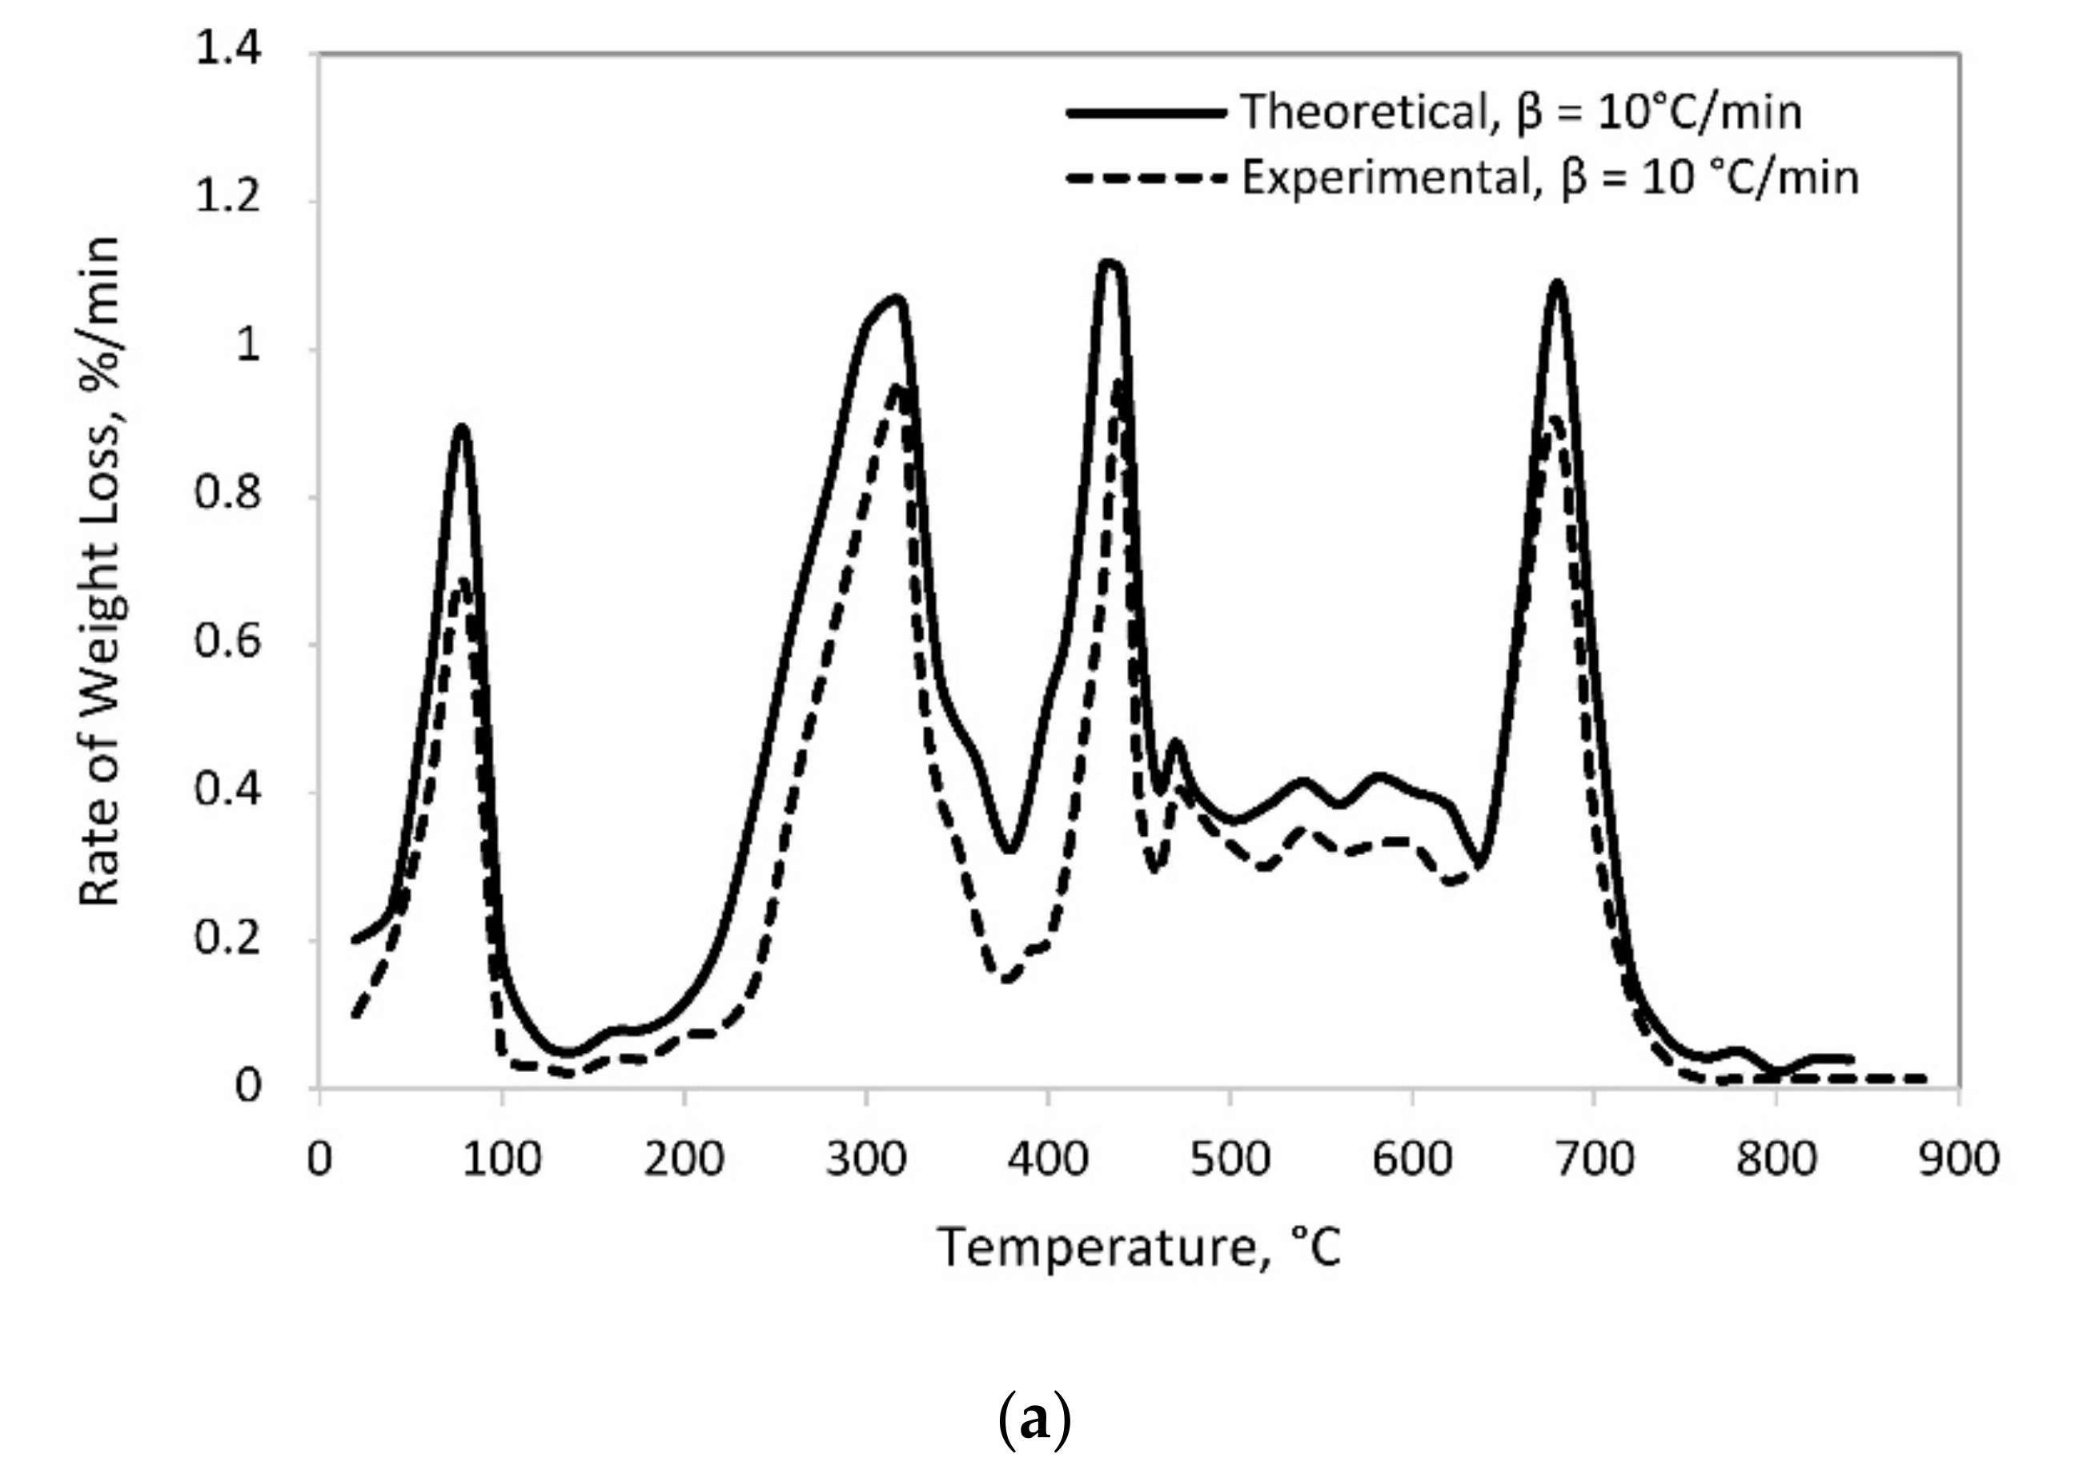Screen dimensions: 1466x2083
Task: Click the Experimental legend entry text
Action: pyautogui.click(x=1550, y=178)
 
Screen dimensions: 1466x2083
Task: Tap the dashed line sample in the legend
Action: pyautogui.click(x=1145, y=179)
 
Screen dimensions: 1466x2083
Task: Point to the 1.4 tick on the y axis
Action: pyautogui.click(x=229, y=49)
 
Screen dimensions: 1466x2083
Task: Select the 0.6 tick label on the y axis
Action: pyautogui.click(x=229, y=642)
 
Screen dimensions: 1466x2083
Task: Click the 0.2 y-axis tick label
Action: pyautogui.click(x=229, y=938)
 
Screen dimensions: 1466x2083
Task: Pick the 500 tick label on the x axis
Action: pyautogui.click(x=1230, y=1159)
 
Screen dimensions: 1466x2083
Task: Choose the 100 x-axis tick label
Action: pyautogui.click(x=501, y=1159)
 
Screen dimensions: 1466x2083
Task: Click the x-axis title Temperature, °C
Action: pyautogui.click(x=1138, y=1247)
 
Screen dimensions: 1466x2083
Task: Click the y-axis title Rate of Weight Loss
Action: pyautogui.click(x=100, y=572)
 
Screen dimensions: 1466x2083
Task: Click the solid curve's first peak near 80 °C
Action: pyautogui.click(x=463, y=428)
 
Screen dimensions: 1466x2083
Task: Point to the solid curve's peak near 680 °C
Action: pyautogui.click(x=1558, y=284)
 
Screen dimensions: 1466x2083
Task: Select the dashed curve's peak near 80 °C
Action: pyautogui.click(x=464, y=580)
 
